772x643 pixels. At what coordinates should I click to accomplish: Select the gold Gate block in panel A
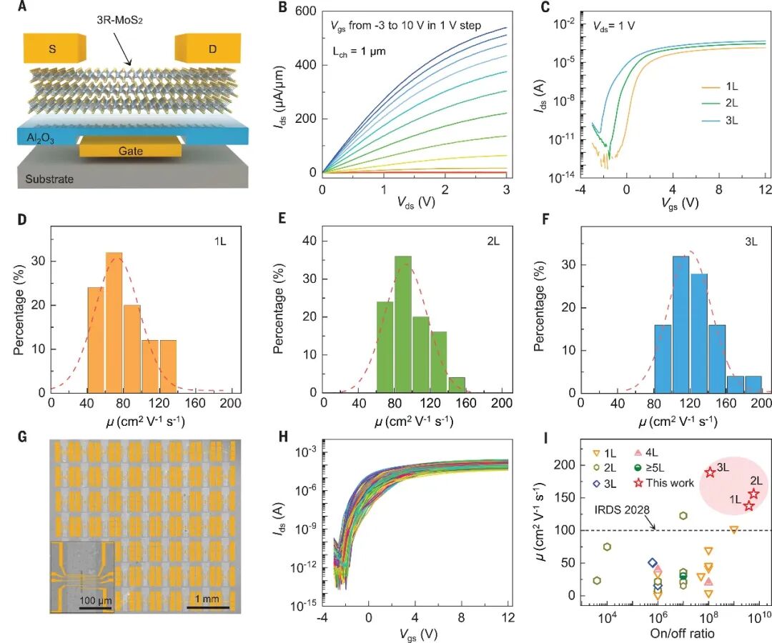[x=131, y=149]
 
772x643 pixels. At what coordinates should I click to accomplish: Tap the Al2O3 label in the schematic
[x=40, y=138]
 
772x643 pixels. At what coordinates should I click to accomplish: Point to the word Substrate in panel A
[x=49, y=179]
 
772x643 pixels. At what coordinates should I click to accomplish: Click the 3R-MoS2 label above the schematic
[x=119, y=21]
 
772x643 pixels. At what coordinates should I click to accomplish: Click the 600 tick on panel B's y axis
[x=305, y=11]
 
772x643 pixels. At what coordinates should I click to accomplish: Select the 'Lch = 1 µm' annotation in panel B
[x=359, y=51]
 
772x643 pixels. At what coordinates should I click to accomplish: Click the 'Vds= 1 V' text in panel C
[x=613, y=26]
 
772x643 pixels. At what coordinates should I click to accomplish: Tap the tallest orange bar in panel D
[x=114, y=322]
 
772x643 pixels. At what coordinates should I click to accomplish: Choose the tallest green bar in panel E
[x=403, y=324]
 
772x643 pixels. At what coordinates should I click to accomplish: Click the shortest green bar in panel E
[x=457, y=384]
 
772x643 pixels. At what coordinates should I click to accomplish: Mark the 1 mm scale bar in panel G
[x=208, y=607]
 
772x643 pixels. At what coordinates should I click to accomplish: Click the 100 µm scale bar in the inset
[x=96, y=608]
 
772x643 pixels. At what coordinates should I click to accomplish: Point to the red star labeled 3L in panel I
[x=710, y=472]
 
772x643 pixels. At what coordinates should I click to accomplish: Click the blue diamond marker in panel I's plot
[x=653, y=563]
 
